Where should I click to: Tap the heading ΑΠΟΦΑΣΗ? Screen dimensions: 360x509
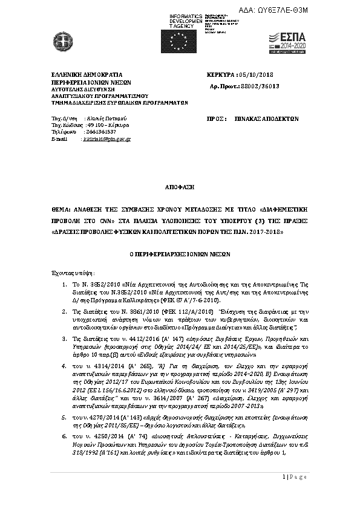pyautogui.click(x=178, y=188)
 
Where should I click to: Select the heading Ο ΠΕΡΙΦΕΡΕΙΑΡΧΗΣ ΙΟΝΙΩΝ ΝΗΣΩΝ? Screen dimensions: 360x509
pyautogui.click(x=180, y=254)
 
